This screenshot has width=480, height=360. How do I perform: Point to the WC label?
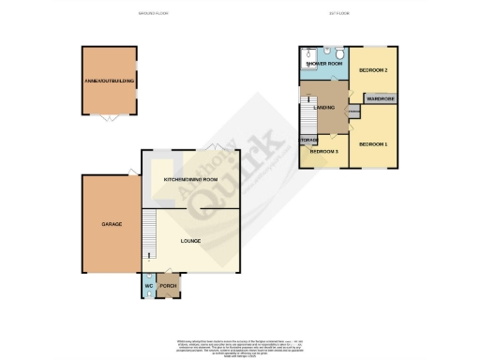(148, 286)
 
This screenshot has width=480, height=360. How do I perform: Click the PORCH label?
(168, 286)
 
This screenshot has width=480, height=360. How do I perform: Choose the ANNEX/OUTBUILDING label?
(110, 82)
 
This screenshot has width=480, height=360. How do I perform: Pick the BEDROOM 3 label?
(323, 152)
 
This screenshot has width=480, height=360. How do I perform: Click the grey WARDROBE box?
(379, 97)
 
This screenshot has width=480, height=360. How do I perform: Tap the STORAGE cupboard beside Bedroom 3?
(307, 142)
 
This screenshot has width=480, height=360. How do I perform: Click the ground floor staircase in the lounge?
(147, 234)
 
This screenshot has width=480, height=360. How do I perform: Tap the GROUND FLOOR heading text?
(153, 14)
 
